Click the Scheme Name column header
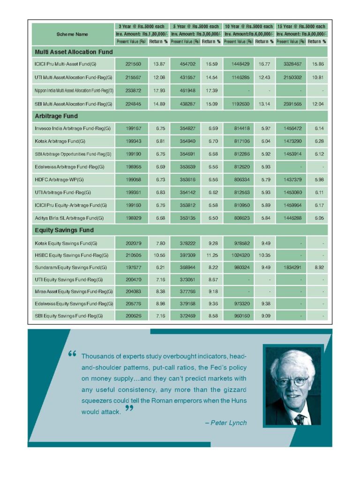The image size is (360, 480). (x=72, y=34)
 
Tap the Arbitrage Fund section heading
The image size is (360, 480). (x=56, y=116)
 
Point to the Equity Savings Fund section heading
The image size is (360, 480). (x=64, y=230)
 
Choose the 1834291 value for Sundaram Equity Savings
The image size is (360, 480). (x=291, y=267)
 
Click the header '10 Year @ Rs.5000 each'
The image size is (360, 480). (x=248, y=27)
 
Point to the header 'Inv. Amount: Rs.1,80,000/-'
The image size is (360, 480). (x=141, y=34)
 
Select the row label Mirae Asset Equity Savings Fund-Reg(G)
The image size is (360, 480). (x=74, y=292)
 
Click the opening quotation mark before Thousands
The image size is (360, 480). (x=72, y=354)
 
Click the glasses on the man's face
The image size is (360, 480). (x=292, y=380)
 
